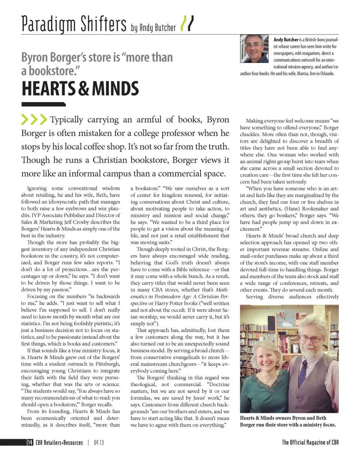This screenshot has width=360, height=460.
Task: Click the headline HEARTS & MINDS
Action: pos(80,89)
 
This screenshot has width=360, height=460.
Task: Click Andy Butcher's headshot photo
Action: pos(254,49)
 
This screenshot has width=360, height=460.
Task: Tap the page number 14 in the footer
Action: pos(30,442)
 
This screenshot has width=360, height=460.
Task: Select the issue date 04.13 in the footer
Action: pos(99,442)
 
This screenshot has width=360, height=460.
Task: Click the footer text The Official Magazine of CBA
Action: pos(310,442)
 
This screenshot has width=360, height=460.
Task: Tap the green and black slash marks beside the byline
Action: pos(187,24)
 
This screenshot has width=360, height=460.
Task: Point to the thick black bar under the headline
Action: pos(43,105)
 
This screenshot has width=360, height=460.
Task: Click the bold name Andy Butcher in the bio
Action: pos(286,39)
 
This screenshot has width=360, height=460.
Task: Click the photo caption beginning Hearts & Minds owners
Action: pos(288,421)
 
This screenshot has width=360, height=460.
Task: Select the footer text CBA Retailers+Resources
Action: pos(59,442)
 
